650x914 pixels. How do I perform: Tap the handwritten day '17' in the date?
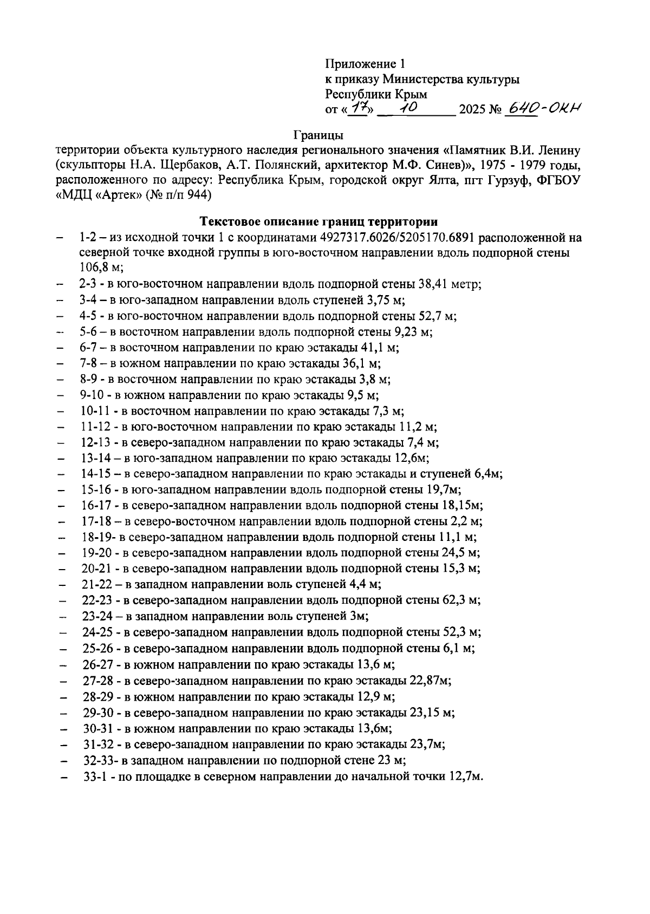[x=357, y=109]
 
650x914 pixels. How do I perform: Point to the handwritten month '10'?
[x=407, y=108]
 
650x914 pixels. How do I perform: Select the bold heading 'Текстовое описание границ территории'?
[x=319, y=221]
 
